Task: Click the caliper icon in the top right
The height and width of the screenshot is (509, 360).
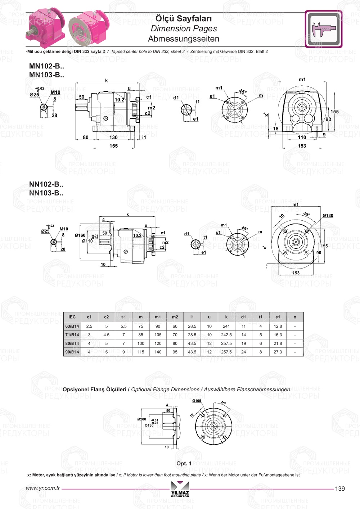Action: click(323, 29)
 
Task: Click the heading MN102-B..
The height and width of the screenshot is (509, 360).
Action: click(46, 66)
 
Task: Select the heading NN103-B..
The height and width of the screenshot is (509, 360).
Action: click(46, 193)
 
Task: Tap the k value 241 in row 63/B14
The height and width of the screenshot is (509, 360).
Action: click(226, 326)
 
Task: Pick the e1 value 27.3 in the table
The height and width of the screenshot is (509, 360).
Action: click(278, 352)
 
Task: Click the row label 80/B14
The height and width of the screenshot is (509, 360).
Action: click(72, 343)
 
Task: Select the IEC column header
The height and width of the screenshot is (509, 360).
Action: click(72, 317)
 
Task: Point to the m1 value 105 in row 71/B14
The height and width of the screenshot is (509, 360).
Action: click(158, 335)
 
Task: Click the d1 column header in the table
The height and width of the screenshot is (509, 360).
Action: click(243, 317)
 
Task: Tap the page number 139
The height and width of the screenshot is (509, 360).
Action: click(339, 488)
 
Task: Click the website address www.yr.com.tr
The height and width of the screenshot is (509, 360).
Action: click(43, 488)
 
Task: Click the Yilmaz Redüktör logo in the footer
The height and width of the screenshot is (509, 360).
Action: click(180, 489)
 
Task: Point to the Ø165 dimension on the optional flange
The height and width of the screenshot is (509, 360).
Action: click(197, 401)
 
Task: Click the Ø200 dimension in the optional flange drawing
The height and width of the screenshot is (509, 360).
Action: click(141, 419)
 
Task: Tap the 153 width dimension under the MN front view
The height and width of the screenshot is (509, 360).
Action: click(302, 146)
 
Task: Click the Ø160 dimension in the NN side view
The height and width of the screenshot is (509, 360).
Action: click(80, 235)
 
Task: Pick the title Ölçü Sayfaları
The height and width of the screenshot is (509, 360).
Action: click(184, 18)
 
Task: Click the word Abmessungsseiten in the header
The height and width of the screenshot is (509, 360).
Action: click(184, 39)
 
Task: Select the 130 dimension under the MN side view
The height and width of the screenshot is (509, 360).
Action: click(113, 137)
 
